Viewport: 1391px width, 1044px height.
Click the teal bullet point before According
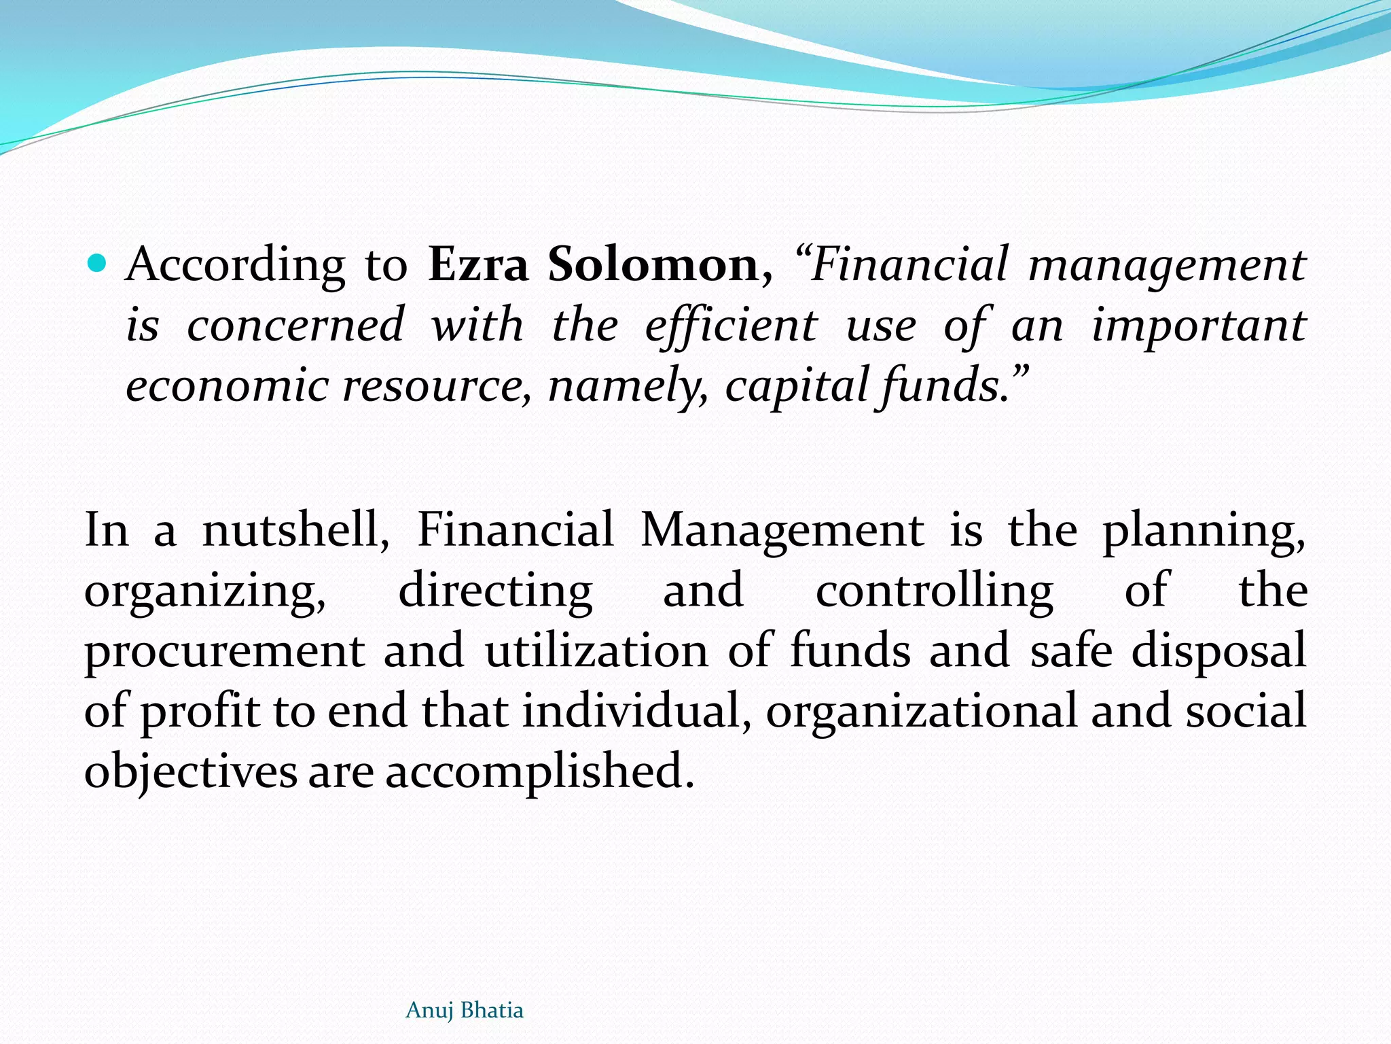tap(98, 262)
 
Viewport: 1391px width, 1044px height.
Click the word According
tap(236, 265)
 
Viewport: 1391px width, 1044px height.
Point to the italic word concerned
tap(295, 324)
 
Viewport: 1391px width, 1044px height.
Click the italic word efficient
tap(731, 326)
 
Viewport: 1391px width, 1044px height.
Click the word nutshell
tap(296, 529)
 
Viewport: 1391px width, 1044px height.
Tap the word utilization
tap(596, 650)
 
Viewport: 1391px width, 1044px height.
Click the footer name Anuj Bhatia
tap(465, 1011)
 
